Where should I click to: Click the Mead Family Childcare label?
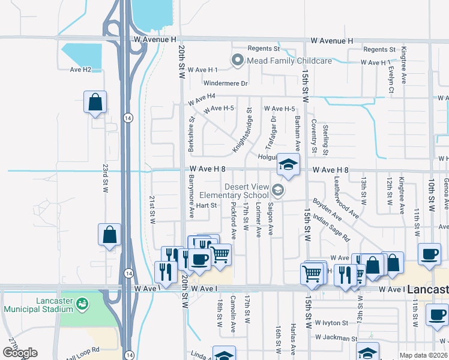[289, 61]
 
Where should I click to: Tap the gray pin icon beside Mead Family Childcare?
[238, 60]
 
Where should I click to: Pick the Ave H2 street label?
[80, 70]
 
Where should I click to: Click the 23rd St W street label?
[104, 178]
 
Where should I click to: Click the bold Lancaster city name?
[427, 289]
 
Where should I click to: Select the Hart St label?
[206, 205]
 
